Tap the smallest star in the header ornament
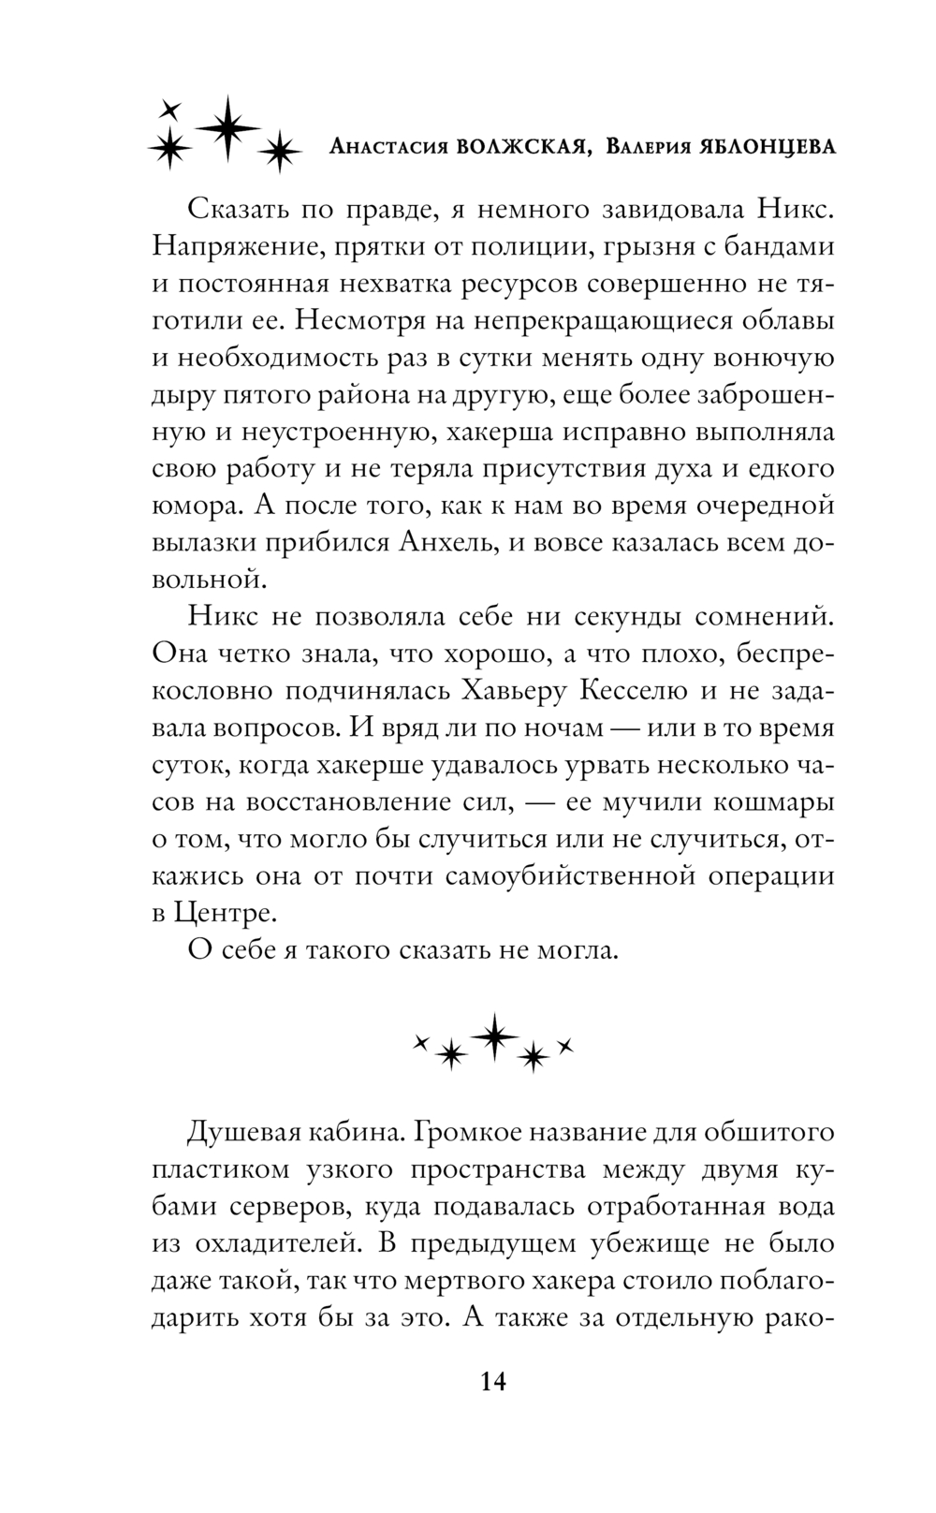(169, 108)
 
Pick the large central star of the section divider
(493, 1036)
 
